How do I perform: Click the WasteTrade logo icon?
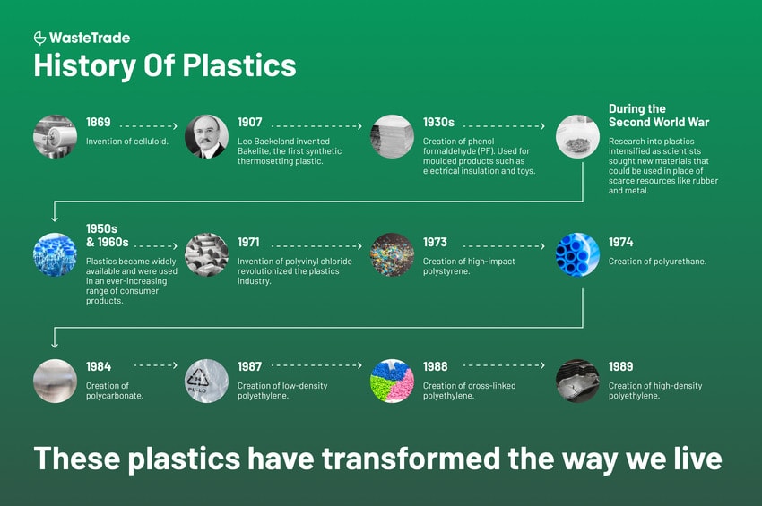click(x=39, y=38)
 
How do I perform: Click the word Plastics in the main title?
click(x=239, y=65)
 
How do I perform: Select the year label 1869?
click(x=99, y=122)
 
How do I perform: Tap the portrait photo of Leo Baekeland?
click(x=206, y=136)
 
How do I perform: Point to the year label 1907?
click(x=250, y=122)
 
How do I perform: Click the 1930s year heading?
click(x=438, y=122)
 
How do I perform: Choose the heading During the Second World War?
click(x=659, y=116)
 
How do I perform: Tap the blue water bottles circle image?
click(x=55, y=254)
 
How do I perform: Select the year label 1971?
click(x=248, y=242)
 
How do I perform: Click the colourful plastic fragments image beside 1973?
click(x=392, y=254)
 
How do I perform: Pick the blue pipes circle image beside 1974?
click(x=578, y=254)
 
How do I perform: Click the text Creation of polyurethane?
click(x=657, y=262)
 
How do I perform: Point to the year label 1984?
click(x=99, y=366)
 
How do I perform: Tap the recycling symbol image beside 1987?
click(x=206, y=382)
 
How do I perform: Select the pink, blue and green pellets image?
click(x=392, y=382)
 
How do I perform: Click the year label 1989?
click(x=620, y=366)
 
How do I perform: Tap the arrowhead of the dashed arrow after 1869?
click(x=176, y=126)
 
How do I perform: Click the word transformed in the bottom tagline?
click(x=411, y=459)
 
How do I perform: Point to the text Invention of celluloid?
click(x=126, y=142)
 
